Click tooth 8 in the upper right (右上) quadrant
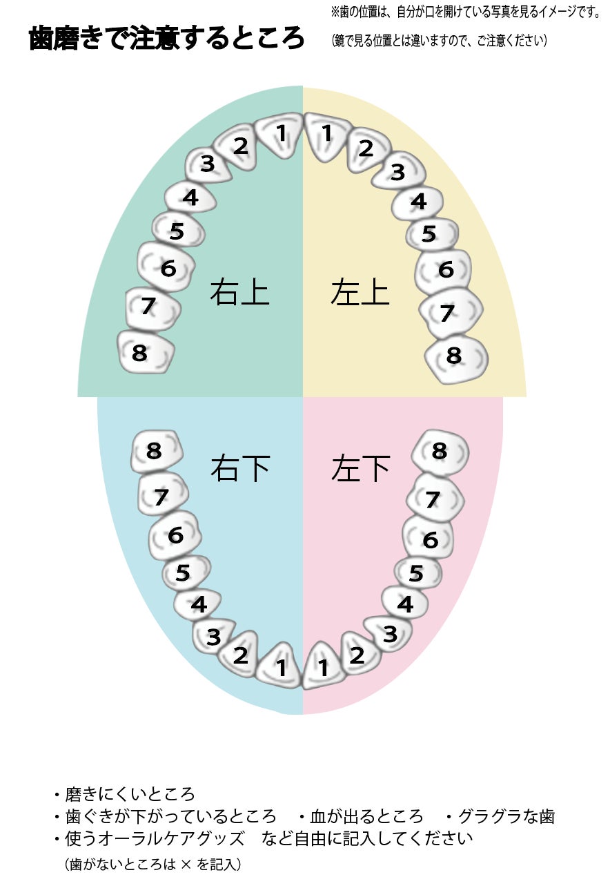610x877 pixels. pyautogui.click(x=144, y=352)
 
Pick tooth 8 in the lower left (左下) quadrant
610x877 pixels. pyautogui.click(x=440, y=452)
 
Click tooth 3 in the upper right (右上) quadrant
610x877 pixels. pyautogui.click(x=208, y=165)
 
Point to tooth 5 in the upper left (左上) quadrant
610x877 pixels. pyautogui.click(x=431, y=234)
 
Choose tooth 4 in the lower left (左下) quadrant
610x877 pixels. pyautogui.click(x=406, y=604)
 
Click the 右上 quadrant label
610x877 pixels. pyautogui.click(x=239, y=292)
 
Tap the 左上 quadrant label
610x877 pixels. pyautogui.click(x=360, y=292)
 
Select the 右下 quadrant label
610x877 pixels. pyautogui.click(x=239, y=469)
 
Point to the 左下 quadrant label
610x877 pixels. pyautogui.click(x=360, y=469)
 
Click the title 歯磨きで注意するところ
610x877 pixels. pyautogui.click(x=166, y=39)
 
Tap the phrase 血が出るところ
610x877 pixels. pyautogui.click(x=366, y=816)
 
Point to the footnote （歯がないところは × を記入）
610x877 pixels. pyautogui.click(x=152, y=863)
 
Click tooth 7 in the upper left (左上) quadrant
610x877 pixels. pyautogui.click(x=449, y=314)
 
